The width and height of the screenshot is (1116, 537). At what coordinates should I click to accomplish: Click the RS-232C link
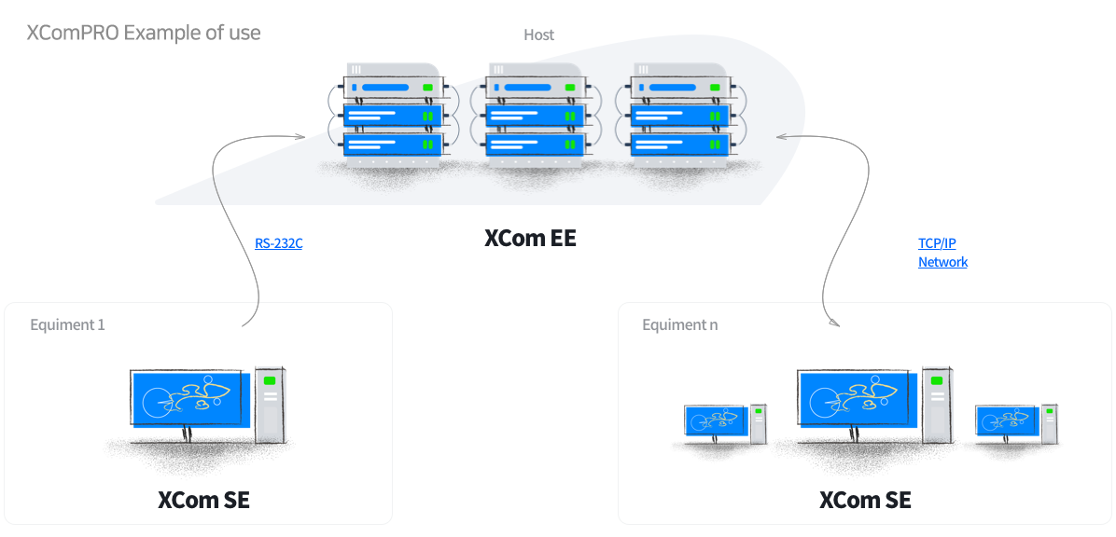pos(279,243)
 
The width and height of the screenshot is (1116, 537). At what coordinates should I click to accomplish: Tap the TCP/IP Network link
pos(942,253)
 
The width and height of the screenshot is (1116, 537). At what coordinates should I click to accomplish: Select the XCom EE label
pos(529,239)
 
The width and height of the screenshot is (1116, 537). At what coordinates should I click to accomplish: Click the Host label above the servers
pos(538,34)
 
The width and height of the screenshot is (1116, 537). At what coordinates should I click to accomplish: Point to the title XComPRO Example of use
pos(144,33)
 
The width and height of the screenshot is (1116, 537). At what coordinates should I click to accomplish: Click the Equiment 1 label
pos(67,325)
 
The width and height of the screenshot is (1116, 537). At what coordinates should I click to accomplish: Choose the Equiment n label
pos(679,325)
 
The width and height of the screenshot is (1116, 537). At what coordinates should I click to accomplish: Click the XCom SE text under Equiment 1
pos(203,500)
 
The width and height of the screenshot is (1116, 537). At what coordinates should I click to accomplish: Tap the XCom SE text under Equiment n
pos(865,500)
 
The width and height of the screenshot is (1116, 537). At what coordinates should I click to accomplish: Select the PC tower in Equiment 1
pos(271,404)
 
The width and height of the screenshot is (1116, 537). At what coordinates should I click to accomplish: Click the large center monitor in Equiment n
pos(854,398)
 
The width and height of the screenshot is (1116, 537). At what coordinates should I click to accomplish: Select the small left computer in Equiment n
pos(725,424)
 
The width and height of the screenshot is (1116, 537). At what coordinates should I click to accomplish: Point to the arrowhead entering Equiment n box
pos(835,324)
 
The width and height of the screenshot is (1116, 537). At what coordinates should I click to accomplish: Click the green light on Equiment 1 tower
pos(270,381)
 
